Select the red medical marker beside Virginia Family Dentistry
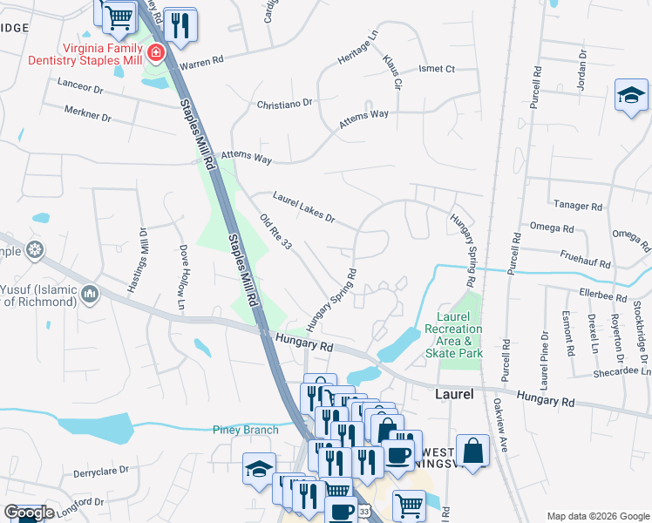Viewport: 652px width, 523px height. tap(156, 53)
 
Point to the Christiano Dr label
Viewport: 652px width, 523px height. tap(284, 103)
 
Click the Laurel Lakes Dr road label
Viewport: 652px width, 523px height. tap(303, 207)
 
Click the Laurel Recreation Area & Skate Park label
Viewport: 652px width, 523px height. tap(452, 336)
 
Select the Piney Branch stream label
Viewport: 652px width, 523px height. tap(246, 430)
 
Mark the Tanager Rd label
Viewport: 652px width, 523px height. tap(578, 207)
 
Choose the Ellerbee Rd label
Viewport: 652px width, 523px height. tap(601, 297)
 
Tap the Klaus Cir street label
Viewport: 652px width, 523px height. tap(391, 72)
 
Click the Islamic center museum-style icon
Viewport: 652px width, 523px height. tap(89, 296)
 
